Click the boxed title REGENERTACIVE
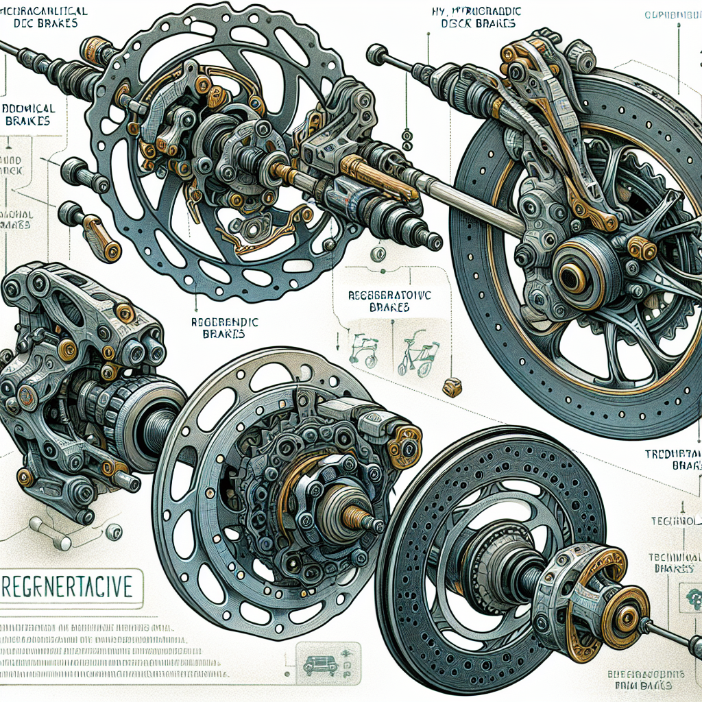click(71, 588)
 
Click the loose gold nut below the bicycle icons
click(452, 387)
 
